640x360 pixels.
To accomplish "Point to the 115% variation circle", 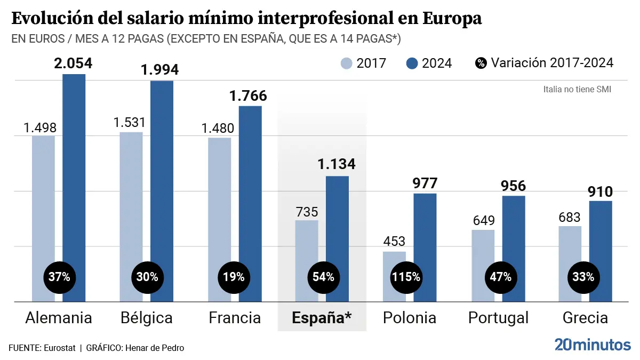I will point(406,277).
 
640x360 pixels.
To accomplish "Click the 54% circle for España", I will point(323,277).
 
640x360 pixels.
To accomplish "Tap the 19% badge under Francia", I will point(234,277).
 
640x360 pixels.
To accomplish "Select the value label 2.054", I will point(73,63).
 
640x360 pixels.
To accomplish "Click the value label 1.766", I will point(248,96).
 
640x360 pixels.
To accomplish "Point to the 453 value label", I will point(394,242).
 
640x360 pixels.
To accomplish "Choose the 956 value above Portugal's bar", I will point(513,186).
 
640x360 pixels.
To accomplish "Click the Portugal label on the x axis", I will point(498,318).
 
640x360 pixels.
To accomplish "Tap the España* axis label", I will point(322,318).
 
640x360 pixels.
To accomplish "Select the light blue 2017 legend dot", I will point(347,63).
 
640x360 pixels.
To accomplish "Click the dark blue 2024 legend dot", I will point(412,63).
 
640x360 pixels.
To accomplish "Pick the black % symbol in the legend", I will point(481,63).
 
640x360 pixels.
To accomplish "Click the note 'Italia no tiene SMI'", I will point(577,89).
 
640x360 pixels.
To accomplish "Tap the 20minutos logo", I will point(592,345).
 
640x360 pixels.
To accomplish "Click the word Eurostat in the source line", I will point(59,348).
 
